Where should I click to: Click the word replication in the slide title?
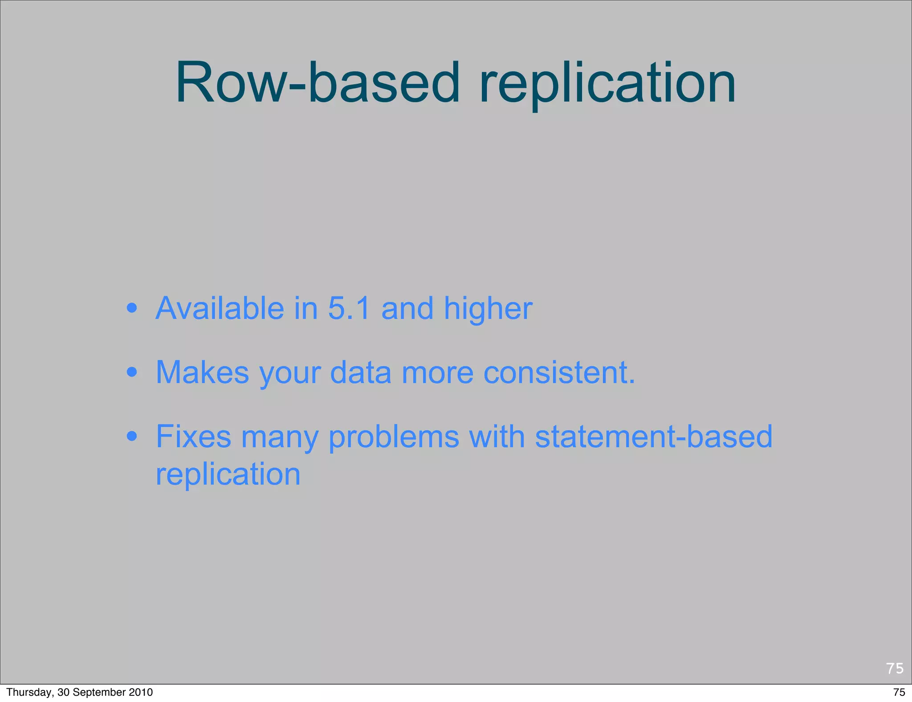coord(607,85)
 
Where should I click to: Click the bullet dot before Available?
coord(131,308)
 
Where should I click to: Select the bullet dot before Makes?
coord(131,372)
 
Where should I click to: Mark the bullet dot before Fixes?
coord(131,436)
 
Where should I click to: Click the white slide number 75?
coord(895,668)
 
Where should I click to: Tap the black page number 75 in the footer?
coord(899,692)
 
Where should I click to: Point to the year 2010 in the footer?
coord(141,692)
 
